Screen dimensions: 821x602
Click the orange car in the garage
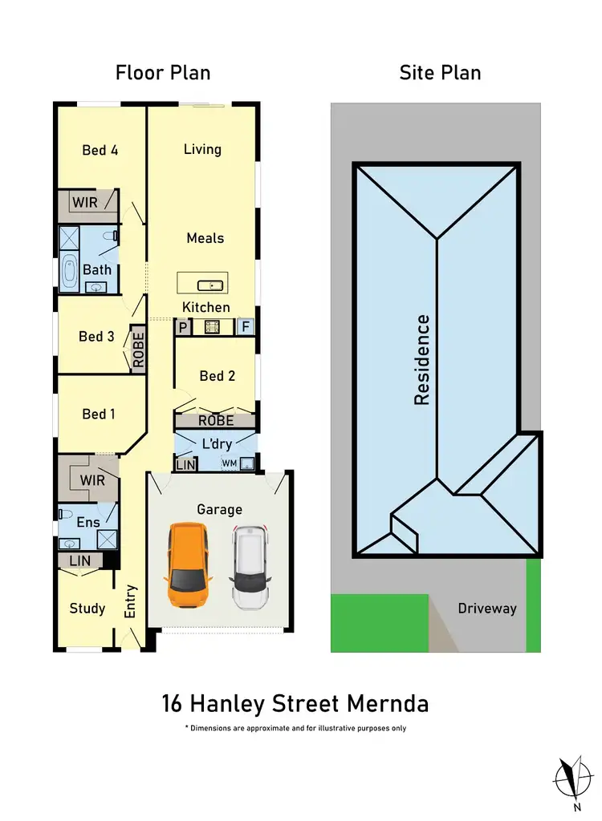[189, 564]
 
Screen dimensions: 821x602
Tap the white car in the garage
[249, 568]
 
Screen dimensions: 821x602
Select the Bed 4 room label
[100, 150]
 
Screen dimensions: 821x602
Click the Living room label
[202, 149]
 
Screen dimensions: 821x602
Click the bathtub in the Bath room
[68, 270]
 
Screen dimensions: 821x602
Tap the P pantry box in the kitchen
[182, 327]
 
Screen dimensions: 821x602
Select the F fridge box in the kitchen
[246, 327]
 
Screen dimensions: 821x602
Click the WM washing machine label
[230, 463]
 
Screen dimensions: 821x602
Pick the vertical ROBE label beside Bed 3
[138, 350]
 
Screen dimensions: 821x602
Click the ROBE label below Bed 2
[216, 420]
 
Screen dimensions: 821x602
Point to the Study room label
[87, 609]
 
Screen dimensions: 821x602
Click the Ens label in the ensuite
[88, 523]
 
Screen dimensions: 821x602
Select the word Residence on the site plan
[423, 359]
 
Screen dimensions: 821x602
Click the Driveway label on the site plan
[487, 609]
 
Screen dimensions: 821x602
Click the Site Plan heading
[440, 73]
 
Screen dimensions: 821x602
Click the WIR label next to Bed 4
[85, 203]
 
